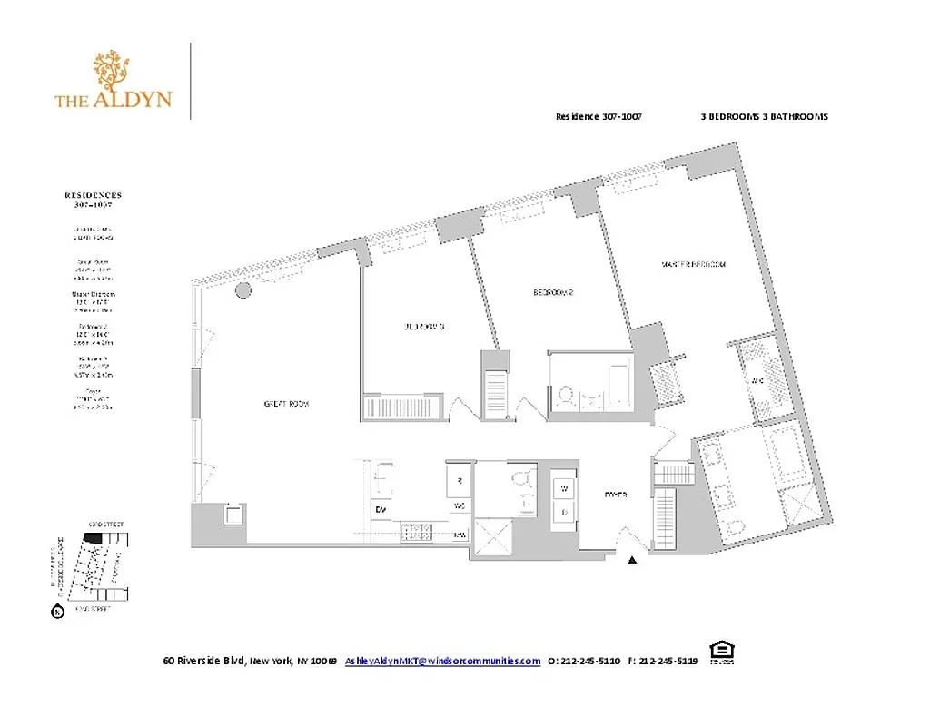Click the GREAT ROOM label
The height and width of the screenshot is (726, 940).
click(287, 404)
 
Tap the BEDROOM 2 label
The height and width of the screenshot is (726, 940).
click(552, 293)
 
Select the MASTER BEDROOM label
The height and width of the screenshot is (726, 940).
click(694, 264)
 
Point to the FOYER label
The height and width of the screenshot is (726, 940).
click(617, 495)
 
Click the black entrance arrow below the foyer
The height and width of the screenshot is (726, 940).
click(633, 561)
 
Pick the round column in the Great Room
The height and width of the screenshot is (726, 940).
click(242, 290)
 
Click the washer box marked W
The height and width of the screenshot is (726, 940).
click(564, 489)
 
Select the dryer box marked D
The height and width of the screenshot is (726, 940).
click(564, 512)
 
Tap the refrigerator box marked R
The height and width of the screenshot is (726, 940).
click(460, 480)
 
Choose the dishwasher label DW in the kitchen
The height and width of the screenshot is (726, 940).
click(381, 509)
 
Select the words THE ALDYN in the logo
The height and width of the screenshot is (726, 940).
click(113, 99)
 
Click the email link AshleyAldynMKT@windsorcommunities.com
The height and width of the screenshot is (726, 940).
click(442, 662)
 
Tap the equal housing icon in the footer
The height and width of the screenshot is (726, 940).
click(721, 652)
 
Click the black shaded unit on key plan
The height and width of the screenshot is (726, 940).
click(92, 537)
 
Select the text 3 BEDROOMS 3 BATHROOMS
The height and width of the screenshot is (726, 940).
click(764, 117)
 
